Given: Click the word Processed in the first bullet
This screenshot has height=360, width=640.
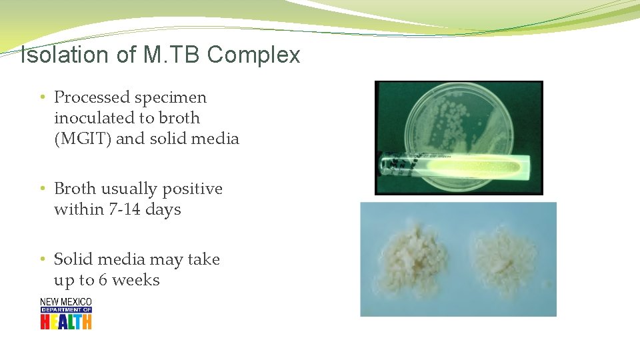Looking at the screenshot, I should click(91, 97).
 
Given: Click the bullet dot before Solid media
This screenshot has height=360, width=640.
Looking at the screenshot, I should click(42, 259).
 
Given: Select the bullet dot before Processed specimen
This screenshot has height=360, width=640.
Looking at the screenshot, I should click(42, 97).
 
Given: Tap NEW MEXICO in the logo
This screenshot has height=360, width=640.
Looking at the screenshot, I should click(65, 302).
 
